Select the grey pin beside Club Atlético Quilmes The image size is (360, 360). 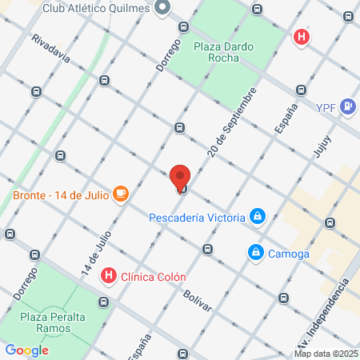(x=162, y=8)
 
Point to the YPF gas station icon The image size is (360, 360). (x=348, y=106)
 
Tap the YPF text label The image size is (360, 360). (x=326, y=106)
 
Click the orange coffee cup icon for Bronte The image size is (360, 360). (x=121, y=194)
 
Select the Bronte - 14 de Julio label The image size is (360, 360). (x=60, y=194)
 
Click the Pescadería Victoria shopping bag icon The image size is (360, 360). (x=257, y=216)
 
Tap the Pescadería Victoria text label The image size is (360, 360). (x=198, y=216)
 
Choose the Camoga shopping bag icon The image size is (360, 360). (x=254, y=253)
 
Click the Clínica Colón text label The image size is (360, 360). (x=153, y=278)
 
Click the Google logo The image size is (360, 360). (x=26, y=350)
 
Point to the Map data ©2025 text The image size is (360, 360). (x=326, y=353)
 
